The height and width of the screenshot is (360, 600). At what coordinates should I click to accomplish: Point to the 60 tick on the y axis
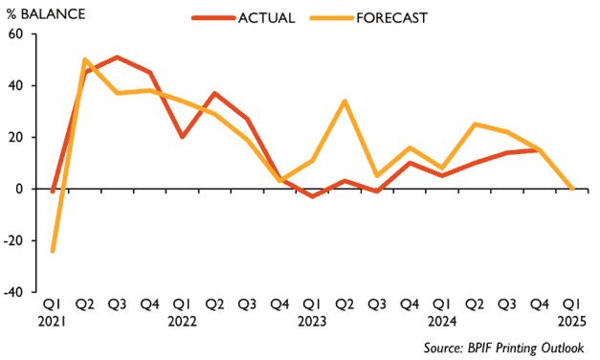[x=15, y=34]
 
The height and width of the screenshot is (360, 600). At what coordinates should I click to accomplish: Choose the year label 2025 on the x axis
[x=572, y=323]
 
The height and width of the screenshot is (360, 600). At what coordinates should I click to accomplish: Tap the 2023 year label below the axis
[x=311, y=323]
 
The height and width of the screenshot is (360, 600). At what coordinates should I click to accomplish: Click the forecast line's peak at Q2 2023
[x=344, y=101]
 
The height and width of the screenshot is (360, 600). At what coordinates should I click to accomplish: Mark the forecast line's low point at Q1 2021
[x=52, y=251]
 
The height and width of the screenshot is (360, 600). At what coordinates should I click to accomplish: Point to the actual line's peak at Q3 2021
[x=117, y=57]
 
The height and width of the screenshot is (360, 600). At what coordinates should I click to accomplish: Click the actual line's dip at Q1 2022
[x=182, y=137]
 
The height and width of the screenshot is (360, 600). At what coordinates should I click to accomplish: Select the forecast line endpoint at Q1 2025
[x=571, y=189]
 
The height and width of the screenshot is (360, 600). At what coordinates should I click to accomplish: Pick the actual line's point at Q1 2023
[x=311, y=196]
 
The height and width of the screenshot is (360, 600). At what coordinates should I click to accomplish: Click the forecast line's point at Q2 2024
[x=474, y=124]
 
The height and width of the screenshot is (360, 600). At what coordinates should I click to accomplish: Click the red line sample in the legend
[x=215, y=16]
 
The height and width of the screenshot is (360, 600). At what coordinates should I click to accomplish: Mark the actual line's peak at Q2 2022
[x=214, y=94]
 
